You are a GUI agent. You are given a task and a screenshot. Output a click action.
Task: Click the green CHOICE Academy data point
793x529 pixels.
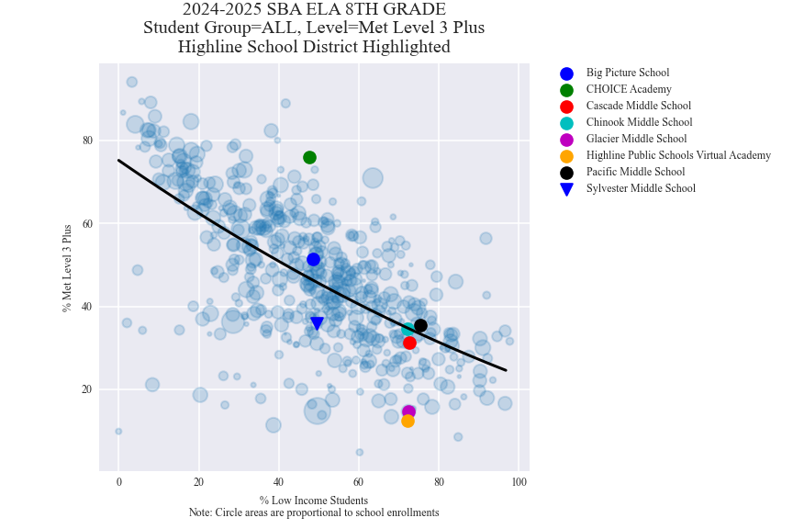(310, 157)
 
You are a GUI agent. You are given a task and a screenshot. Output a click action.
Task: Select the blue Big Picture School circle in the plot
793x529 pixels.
(313, 260)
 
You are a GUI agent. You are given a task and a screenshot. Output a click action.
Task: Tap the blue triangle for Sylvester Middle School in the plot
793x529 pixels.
(317, 323)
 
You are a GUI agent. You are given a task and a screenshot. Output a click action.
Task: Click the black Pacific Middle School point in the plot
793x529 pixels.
(420, 325)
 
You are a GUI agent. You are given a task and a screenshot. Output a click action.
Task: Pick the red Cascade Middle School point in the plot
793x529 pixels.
(409, 343)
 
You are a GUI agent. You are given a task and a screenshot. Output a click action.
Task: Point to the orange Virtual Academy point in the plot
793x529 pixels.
(408, 421)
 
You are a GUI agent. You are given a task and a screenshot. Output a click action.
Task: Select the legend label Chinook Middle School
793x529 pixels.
(639, 122)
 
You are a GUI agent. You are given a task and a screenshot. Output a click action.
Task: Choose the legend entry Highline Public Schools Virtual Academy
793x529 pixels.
(678, 155)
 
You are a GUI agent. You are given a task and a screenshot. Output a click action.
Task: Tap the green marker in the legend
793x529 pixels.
(566, 90)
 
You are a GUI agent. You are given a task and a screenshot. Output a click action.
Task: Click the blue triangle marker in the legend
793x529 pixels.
(566, 189)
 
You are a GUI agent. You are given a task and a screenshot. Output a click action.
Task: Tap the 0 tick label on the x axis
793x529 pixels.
(118, 483)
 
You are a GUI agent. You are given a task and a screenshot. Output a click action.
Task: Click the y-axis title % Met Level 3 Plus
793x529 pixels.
(67, 268)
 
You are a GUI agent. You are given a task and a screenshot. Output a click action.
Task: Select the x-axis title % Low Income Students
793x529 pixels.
(314, 501)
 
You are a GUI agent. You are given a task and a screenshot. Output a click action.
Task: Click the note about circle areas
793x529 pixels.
(314, 512)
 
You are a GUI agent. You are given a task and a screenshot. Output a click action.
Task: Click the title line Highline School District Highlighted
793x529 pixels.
(314, 47)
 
